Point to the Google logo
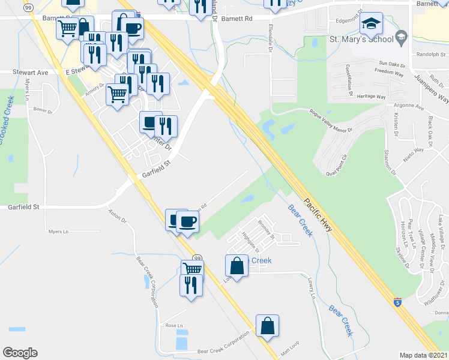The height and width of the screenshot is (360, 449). coord(20,353)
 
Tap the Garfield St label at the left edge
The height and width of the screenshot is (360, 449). coord(23,206)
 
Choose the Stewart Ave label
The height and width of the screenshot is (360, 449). coord(31,72)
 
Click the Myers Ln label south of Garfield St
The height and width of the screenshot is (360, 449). coord(58,231)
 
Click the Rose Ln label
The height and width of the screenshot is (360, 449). coord(173,325)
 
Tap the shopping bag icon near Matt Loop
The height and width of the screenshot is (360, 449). coord(267,326)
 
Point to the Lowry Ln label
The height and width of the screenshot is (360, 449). coord(312,292)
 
